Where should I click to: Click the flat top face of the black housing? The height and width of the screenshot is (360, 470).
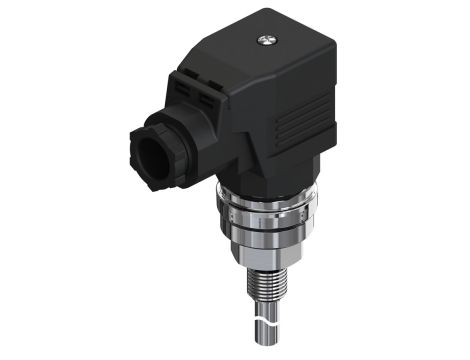click(x=270, y=55)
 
